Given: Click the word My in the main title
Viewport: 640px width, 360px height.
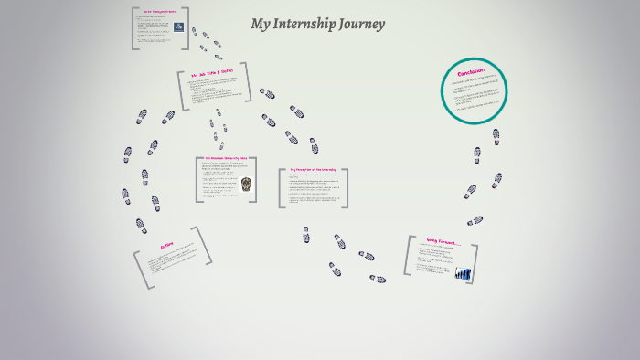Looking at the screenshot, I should tap(260, 25).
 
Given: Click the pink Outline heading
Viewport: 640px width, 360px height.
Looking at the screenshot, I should tap(167, 246).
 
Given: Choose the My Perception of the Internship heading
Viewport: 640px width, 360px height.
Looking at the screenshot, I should tap(313, 170).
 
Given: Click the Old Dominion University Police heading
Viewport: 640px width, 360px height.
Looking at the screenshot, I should tap(226, 159).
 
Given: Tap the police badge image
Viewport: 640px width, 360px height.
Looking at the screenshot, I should tap(245, 184).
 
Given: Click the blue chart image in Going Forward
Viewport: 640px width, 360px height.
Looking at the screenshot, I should tap(463, 272).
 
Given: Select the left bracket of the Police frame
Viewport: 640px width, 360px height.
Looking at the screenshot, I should tap(198, 179).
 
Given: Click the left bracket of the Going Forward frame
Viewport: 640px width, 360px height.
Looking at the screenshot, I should tap(408, 256).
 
